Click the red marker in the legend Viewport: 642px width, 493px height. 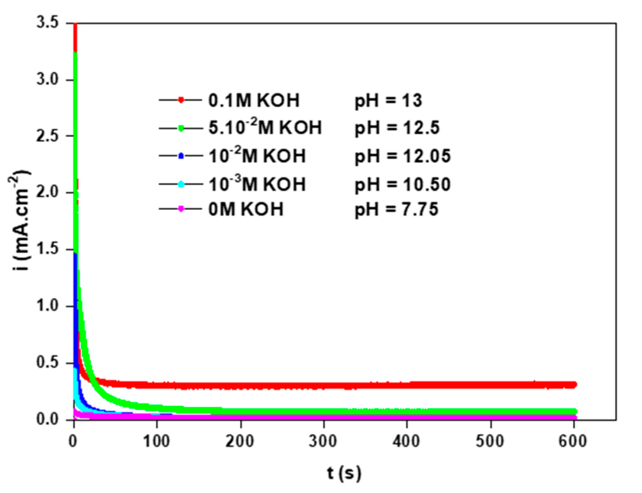point(181,100)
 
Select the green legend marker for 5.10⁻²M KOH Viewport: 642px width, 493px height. point(181,128)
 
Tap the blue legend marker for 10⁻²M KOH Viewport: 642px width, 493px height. point(181,156)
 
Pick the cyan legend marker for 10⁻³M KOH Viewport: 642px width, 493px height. point(181,184)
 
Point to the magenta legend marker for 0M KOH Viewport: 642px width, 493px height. point(181,209)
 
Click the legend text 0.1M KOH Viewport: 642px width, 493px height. point(254,100)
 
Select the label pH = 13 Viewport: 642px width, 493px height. point(388,101)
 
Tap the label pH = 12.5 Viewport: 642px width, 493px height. point(397,128)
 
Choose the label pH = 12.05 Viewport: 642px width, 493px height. point(402,156)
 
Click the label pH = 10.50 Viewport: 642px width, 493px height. point(402,185)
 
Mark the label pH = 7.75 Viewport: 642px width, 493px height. point(396,209)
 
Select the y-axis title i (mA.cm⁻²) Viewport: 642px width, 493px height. point(19,220)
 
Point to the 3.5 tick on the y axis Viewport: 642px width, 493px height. point(47,23)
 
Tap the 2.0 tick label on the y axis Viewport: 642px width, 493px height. point(47,192)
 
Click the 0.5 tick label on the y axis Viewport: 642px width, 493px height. point(47,362)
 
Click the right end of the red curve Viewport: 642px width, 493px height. point(575,385)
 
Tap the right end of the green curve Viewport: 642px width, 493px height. point(575,411)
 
